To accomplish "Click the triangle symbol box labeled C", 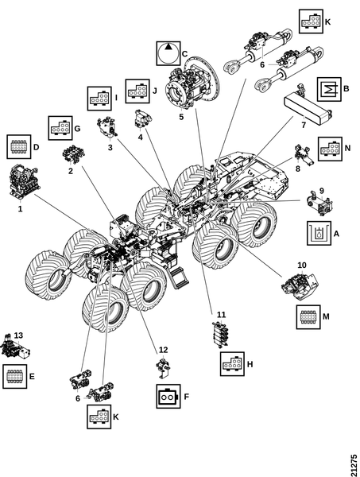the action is click(x=168, y=53).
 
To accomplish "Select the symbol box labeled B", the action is click(x=329, y=89).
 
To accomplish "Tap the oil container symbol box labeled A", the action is click(x=319, y=233).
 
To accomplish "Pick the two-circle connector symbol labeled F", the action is click(x=168, y=396).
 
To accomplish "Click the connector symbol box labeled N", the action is click(x=331, y=149).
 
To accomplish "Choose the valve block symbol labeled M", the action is click(x=308, y=317).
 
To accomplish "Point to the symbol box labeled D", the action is click(x=19, y=146).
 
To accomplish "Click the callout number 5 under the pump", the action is click(x=181, y=117).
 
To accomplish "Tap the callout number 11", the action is click(x=222, y=314).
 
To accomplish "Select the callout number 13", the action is click(x=18, y=335).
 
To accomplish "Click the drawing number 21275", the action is click(x=354, y=465).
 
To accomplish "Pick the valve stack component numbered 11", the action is click(x=219, y=334).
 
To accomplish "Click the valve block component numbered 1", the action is click(x=23, y=182).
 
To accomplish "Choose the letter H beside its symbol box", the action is click(x=250, y=364).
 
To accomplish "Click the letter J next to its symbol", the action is click(x=154, y=91).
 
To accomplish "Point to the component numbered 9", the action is click(x=320, y=204).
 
